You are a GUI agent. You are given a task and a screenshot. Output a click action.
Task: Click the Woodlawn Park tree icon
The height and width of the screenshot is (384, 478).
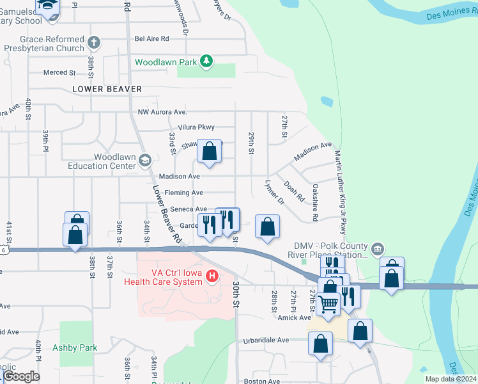206,61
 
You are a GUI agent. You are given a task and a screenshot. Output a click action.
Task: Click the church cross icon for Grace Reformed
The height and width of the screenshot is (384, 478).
94,43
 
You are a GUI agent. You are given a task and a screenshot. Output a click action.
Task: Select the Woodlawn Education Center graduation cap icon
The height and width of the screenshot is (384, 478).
145,161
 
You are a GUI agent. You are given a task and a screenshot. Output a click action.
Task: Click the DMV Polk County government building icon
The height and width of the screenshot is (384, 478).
377,248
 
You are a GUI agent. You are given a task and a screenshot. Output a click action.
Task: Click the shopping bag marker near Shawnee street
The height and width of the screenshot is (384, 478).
209,152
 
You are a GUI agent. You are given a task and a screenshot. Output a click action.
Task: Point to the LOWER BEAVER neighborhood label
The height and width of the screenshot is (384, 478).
107,89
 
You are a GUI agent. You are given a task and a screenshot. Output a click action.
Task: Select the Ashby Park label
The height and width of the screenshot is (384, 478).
79,348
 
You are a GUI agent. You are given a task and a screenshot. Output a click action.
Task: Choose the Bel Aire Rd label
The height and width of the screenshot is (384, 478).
151,38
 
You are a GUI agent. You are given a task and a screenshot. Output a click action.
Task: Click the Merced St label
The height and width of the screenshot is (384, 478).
59,73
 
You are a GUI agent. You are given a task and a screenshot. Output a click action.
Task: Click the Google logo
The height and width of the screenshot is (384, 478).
20,376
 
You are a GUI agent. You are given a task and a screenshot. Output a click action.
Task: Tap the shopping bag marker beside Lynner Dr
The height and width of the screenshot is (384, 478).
267,226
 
